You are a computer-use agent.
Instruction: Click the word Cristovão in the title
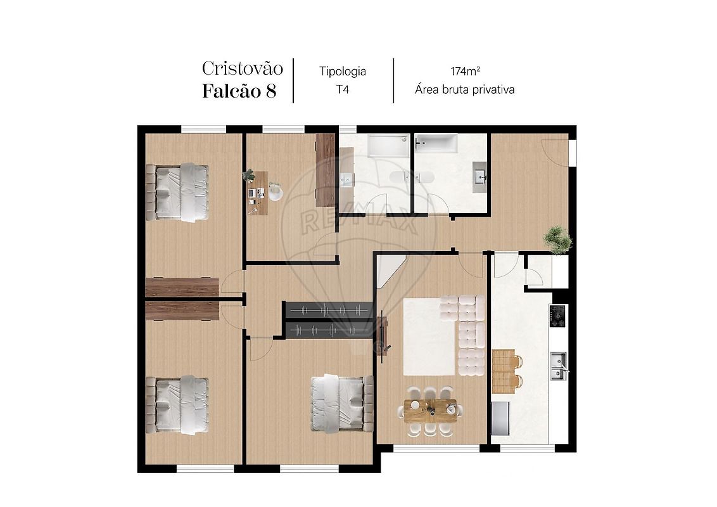click(x=243, y=68)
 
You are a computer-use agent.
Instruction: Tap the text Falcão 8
click(x=239, y=91)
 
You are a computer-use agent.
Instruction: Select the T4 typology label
click(x=343, y=89)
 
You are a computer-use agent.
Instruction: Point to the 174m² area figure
click(x=465, y=71)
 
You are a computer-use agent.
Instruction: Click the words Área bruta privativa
click(x=464, y=89)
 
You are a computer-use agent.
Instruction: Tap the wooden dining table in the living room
click(x=430, y=409)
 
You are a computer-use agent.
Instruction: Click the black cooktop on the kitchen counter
click(x=558, y=316)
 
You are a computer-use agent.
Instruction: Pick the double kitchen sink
click(x=558, y=366)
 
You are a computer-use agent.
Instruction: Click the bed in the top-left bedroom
click(x=177, y=192)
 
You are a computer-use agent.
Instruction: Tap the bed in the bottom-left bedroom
click(x=177, y=404)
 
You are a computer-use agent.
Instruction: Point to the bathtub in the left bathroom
click(x=389, y=146)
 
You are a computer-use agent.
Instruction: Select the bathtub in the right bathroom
click(x=436, y=143)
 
